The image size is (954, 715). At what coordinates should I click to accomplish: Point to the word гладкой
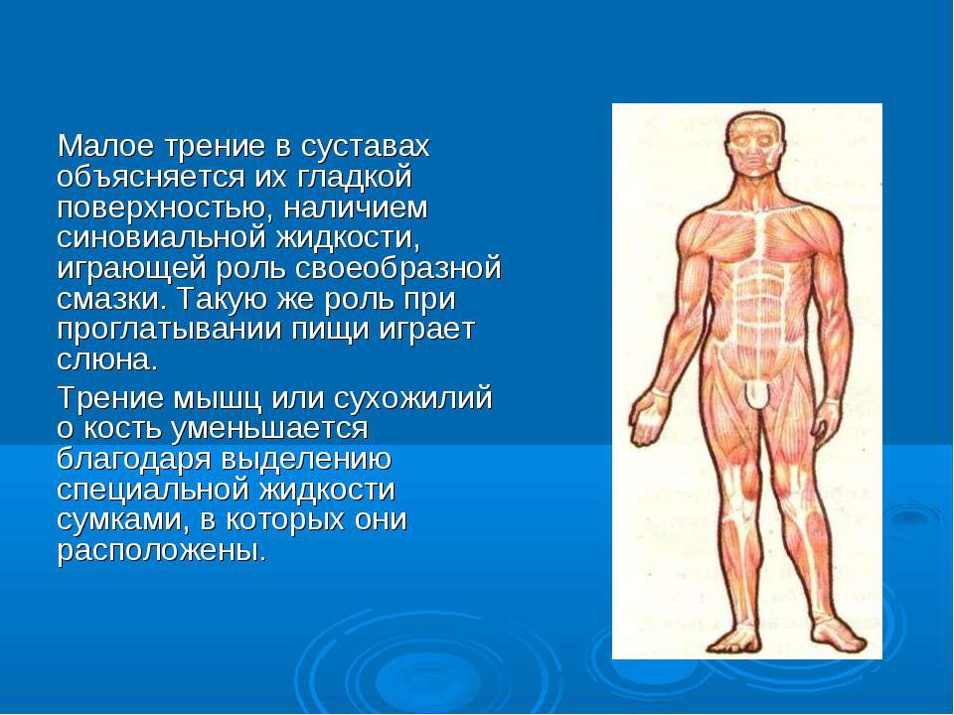click(355, 178)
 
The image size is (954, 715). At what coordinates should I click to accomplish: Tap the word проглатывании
click(169, 331)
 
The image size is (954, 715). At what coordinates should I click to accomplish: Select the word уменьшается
click(269, 429)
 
